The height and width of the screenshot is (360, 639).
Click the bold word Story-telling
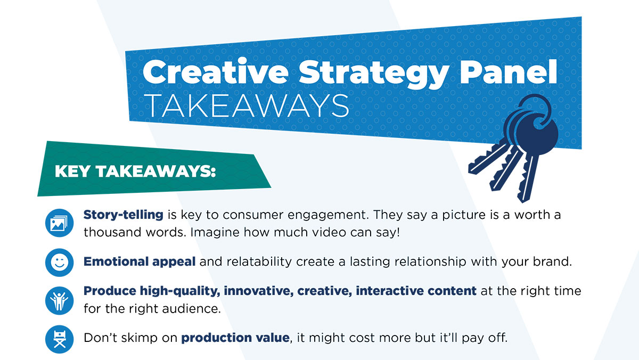(123, 215)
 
